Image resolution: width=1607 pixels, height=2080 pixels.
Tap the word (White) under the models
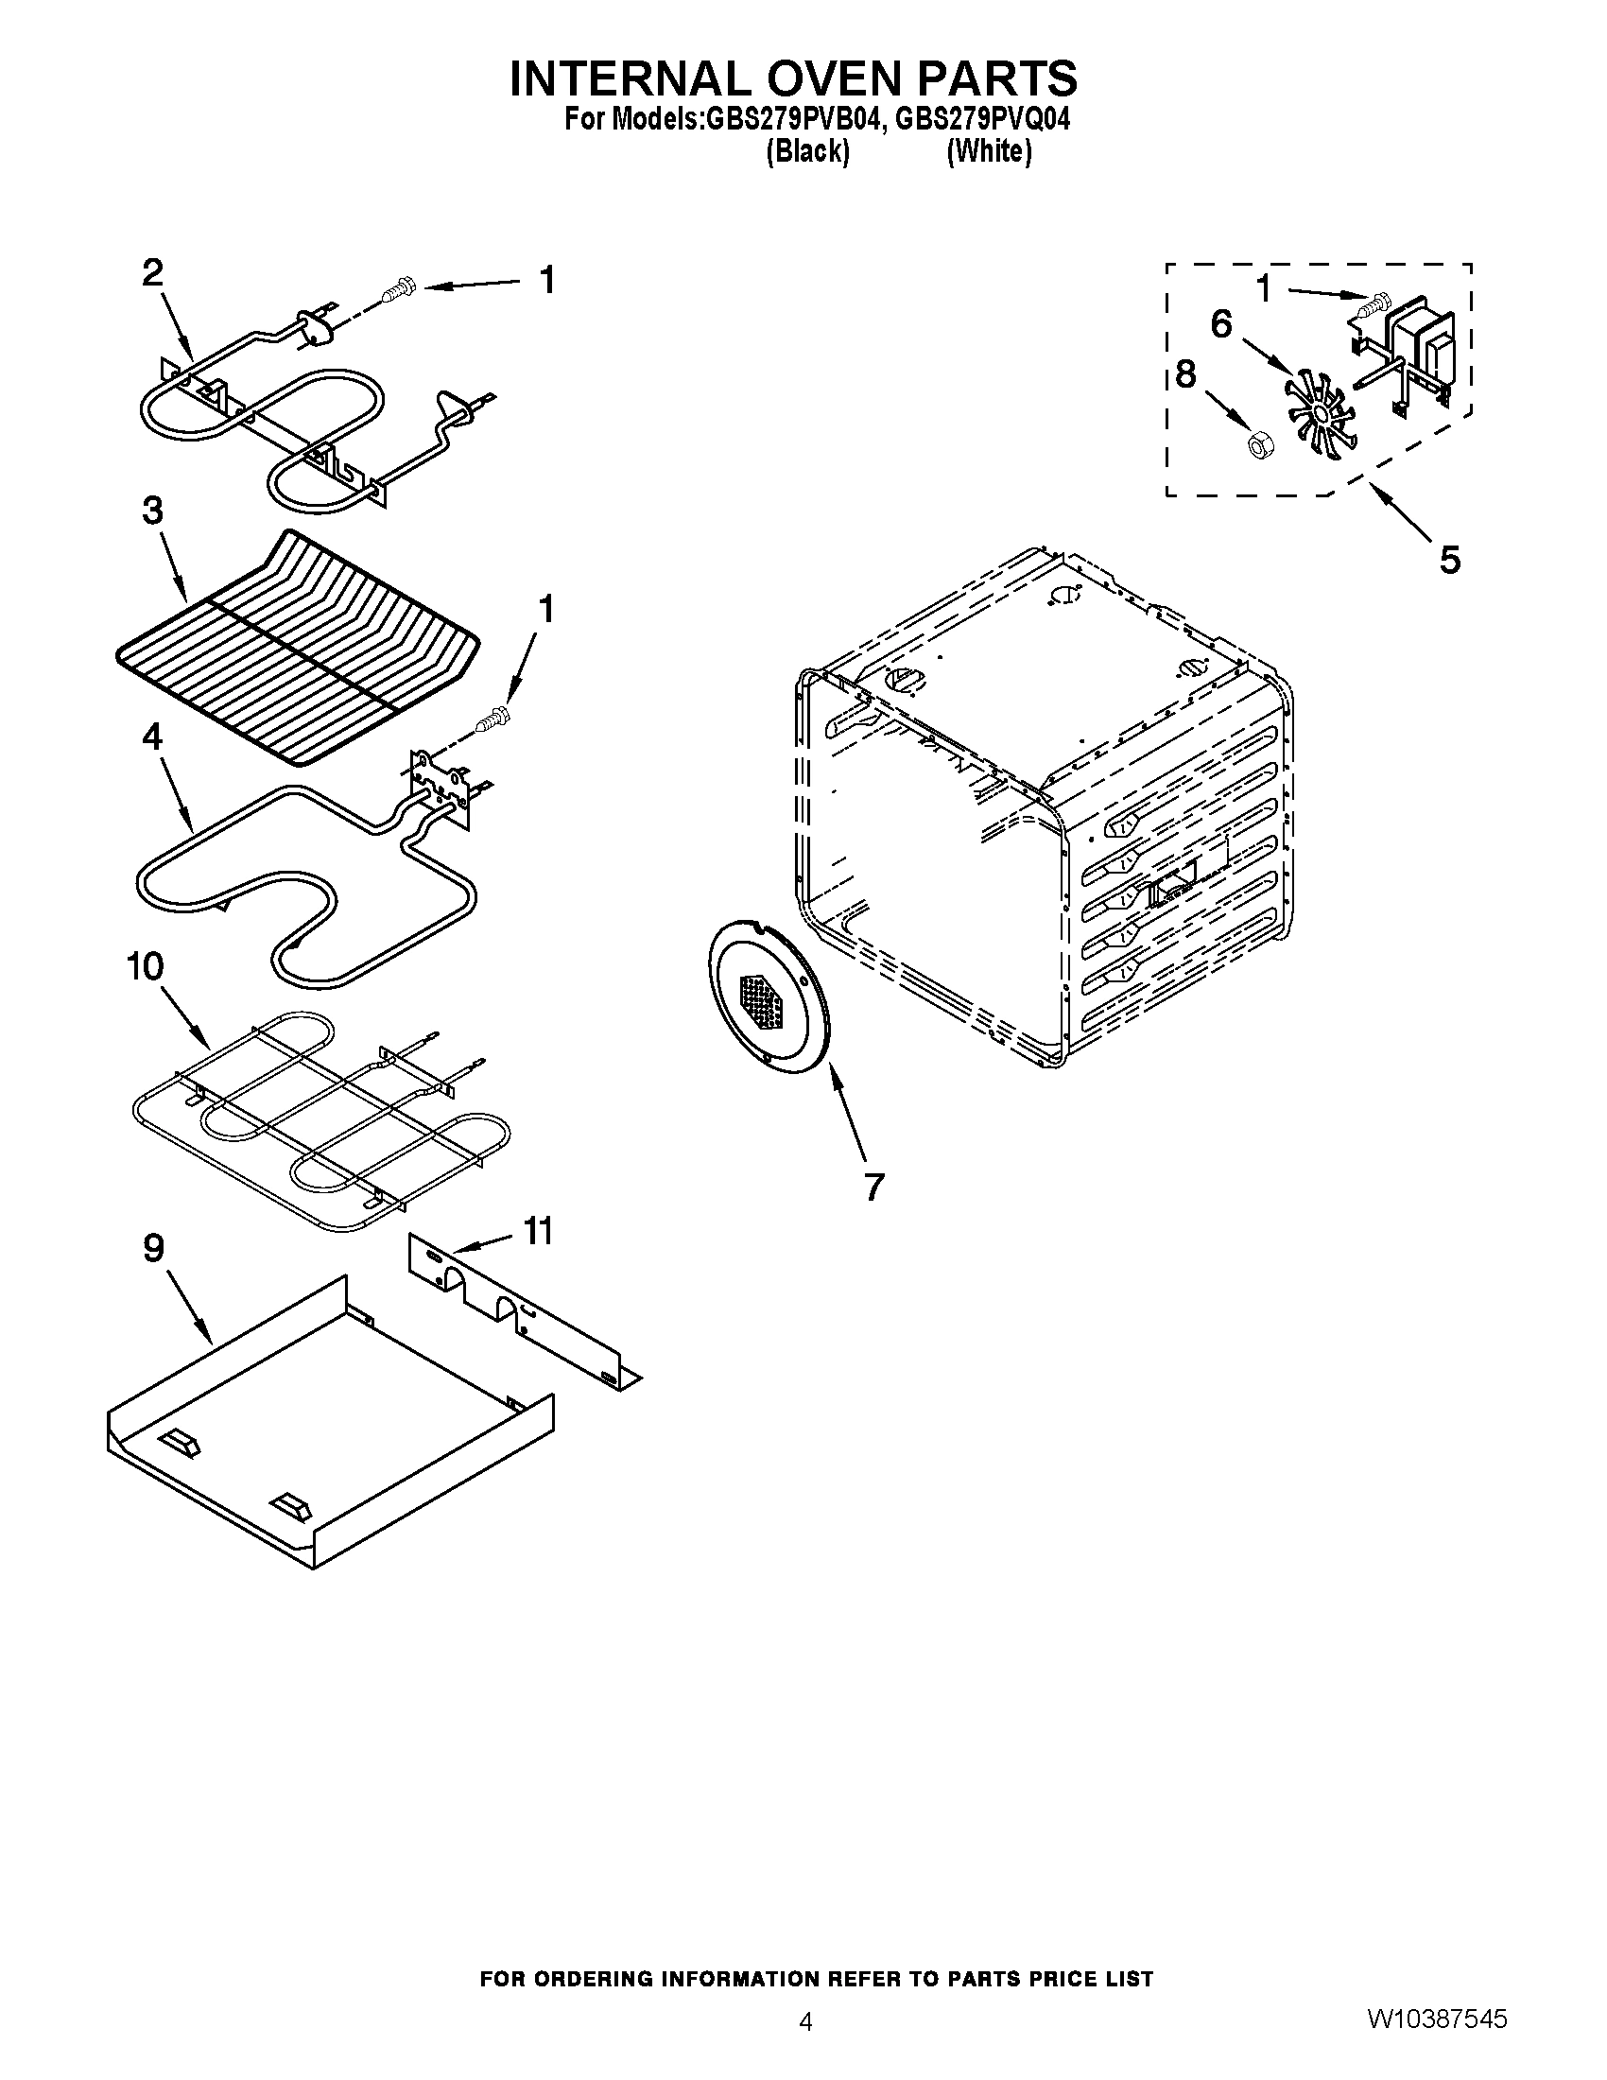(989, 151)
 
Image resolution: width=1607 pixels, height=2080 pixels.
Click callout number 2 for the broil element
(152, 273)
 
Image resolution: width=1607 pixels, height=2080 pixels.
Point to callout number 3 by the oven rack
(152, 511)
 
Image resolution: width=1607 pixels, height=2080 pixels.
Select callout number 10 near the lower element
(145, 966)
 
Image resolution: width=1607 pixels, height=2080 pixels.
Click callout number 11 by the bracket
(538, 1231)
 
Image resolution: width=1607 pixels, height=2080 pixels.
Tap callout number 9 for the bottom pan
(153, 1249)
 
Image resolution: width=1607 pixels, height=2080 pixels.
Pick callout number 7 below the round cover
(873, 1187)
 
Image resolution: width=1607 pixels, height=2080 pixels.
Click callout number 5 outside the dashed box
(1448, 560)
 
